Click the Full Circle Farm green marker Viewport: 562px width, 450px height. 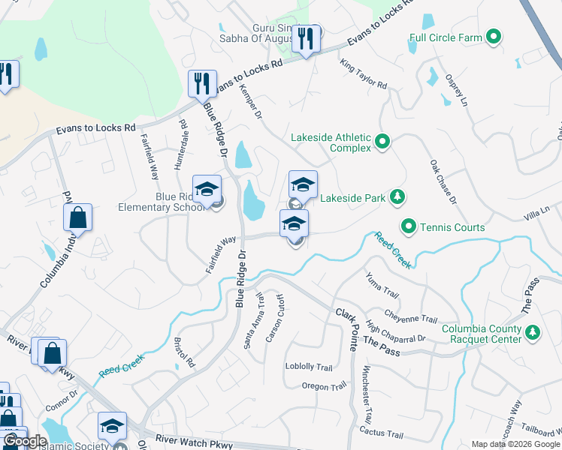click(x=494, y=36)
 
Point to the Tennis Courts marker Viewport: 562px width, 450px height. click(x=409, y=226)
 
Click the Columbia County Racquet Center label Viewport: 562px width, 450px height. click(x=481, y=334)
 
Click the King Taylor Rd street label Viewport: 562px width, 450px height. click(x=364, y=75)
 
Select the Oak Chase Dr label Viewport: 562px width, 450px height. click(x=443, y=181)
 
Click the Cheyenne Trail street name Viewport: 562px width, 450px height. click(x=410, y=317)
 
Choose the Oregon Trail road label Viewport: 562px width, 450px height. click(x=324, y=385)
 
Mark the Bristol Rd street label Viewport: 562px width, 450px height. click(x=185, y=352)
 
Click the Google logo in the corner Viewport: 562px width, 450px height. click(x=25, y=441)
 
